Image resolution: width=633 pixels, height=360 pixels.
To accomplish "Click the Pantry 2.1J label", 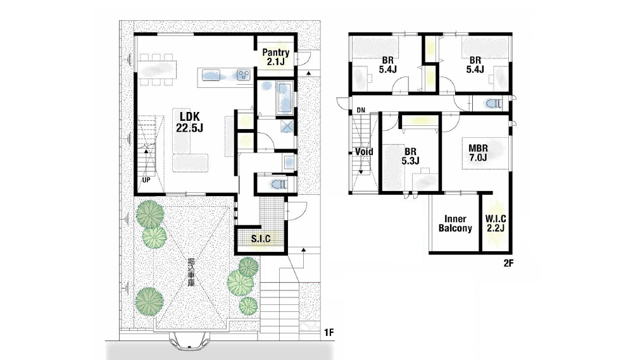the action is tap(276, 57).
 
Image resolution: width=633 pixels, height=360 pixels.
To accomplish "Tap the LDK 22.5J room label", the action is tap(189, 122).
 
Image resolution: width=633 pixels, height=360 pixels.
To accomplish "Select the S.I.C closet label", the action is tap(261, 239).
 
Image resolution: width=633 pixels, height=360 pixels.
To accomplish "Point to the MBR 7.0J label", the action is tap(478, 152).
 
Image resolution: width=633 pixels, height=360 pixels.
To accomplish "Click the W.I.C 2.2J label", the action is tap(496, 223).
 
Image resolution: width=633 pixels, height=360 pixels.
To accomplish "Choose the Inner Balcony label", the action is tap(455, 223).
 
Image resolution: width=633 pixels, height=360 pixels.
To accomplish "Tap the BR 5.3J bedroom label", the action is tap(410, 156).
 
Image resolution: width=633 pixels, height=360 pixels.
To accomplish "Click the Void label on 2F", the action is tap(364, 152).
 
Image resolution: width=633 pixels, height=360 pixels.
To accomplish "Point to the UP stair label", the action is tap(146, 180).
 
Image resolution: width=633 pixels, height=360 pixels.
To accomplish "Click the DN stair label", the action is tap(361, 110).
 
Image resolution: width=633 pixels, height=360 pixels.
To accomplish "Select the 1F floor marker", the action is tap(329, 333).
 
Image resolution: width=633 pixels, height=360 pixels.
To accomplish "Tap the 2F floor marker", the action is tap(508, 263).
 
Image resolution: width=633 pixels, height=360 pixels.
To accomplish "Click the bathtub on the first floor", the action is tap(285, 98).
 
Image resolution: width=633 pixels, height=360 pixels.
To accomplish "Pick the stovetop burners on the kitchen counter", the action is tap(244, 75).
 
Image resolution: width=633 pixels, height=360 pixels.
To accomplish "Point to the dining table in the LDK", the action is tap(158, 69).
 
